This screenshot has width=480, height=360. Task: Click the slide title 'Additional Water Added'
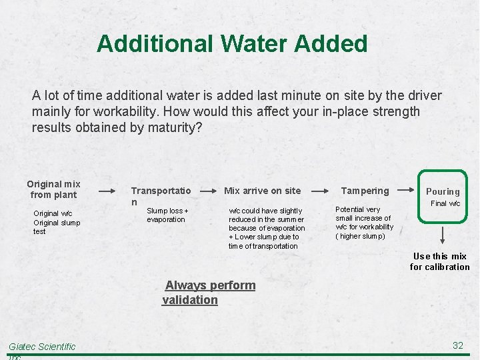coord(232,44)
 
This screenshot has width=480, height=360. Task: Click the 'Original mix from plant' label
coord(53,189)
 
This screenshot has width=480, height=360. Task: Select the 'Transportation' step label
coord(161,195)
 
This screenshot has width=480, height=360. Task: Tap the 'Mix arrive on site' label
coord(262,191)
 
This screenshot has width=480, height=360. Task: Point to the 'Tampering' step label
coord(365,191)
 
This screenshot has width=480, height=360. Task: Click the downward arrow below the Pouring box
coord(443,236)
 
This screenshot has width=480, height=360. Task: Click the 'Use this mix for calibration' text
coord(439,261)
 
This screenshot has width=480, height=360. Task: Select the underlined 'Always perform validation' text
coord(209,292)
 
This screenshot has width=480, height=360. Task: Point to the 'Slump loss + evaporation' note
coord(167,215)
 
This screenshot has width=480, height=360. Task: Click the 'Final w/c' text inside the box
coord(445,203)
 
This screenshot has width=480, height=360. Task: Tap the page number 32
coord(457,345)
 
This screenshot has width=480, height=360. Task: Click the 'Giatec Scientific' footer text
coord(42,347)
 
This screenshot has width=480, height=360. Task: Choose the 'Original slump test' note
coord(56,227)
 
